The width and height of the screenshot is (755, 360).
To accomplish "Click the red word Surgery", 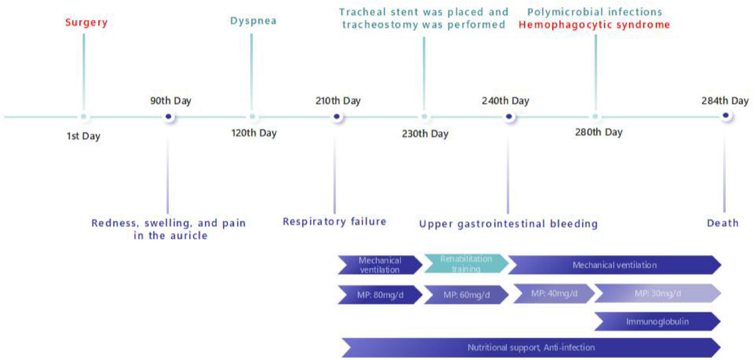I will point(86,22).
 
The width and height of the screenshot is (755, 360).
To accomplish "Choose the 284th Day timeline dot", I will point(726,115).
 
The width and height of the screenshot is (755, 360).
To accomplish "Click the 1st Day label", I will point(84,136).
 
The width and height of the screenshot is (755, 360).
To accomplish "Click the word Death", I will point(723,223).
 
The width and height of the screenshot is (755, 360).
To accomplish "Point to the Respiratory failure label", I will point(334,222).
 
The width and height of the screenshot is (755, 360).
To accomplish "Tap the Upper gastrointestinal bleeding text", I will point(508,224).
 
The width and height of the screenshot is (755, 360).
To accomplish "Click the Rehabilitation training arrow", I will point(466,264).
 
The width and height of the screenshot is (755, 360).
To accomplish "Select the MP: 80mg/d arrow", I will point(380,295).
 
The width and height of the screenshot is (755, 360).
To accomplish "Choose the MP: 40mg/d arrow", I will point(554,294).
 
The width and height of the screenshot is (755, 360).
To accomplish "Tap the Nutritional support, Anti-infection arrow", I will point(531,347).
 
